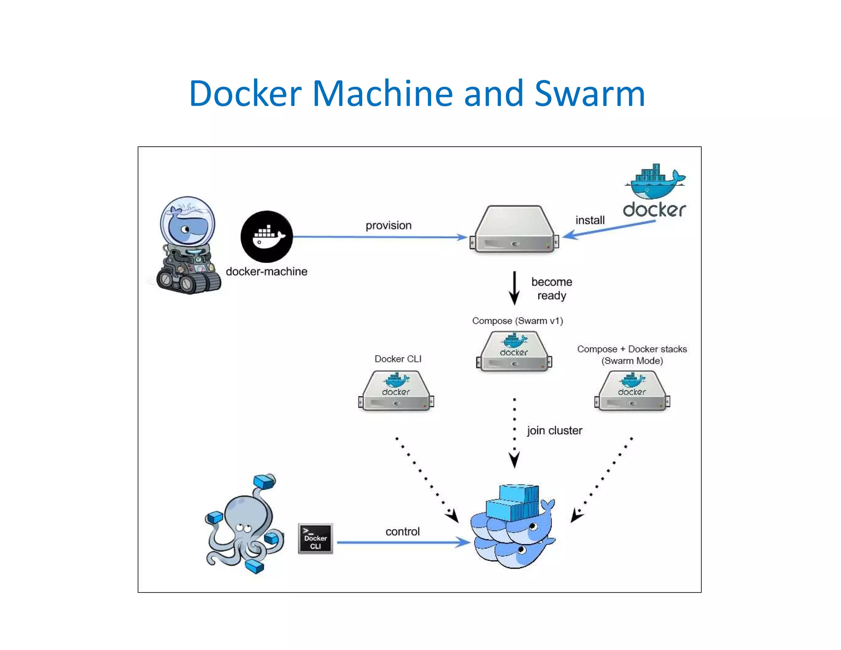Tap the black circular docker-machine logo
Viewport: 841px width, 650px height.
point(267,237)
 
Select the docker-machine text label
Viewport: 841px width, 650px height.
point(267,272)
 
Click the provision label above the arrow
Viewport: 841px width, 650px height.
point(388,226)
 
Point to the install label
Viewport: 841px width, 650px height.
point(590,220)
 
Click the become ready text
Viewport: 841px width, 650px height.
point(551,288)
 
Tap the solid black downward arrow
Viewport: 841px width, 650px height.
point(514,288)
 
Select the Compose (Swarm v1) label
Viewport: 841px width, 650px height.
point(517,321)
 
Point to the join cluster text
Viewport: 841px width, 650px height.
point(554,431)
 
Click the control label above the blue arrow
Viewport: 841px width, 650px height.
point(402,532)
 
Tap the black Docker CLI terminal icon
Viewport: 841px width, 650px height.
point(315,539)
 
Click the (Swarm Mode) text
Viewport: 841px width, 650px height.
point(632,361)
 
